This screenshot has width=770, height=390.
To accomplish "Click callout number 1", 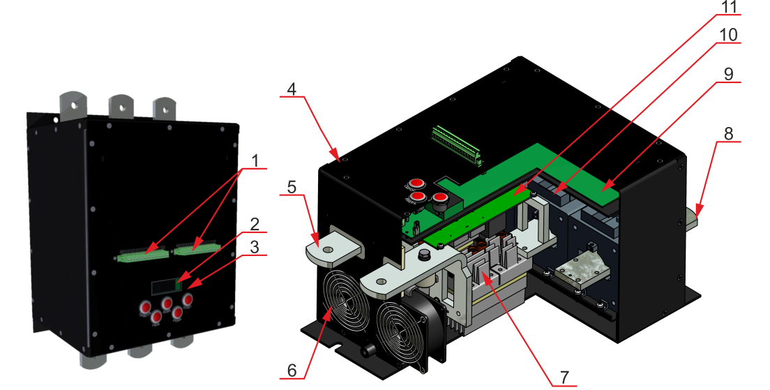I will coord(255,160).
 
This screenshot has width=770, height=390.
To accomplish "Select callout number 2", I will coord(255,224).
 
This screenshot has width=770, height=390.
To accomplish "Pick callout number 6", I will coord(292,368).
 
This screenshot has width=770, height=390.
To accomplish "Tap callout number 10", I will coord(730,33).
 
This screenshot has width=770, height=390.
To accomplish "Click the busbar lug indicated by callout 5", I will coord(331,249).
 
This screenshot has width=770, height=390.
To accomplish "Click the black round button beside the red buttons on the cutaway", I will coord(441,202).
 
